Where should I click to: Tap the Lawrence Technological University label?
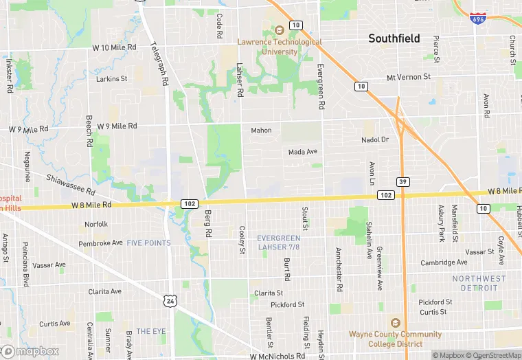pos(279,46)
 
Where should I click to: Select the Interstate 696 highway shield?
pos(479,18)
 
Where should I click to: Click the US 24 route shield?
pos(170,300)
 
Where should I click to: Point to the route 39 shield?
pos(403,181)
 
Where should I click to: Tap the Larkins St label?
pos(111,79)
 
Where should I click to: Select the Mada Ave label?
pos(302,152)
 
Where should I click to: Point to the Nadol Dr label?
pos(375,139)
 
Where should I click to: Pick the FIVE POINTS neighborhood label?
pos(148,243)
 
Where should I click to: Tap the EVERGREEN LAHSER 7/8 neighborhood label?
pos(278,242)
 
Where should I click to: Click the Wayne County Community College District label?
pos(395,339)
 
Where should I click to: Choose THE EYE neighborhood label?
pos(150,331)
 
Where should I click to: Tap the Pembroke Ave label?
pos(100,243)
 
